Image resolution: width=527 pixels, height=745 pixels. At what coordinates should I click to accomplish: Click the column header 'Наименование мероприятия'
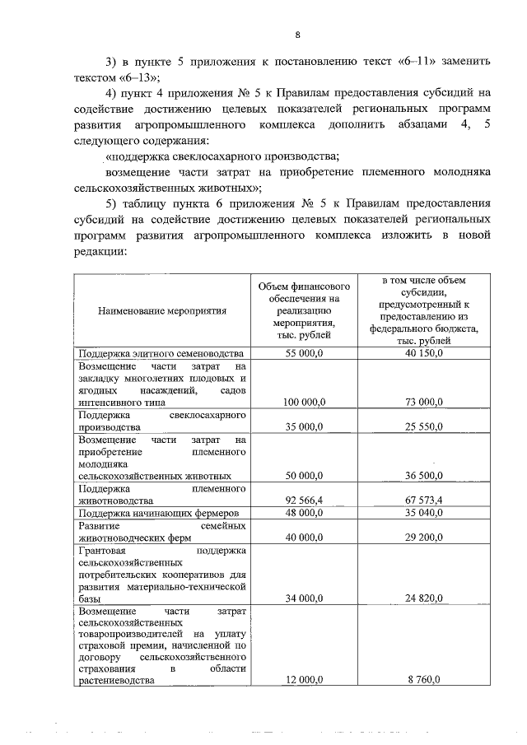[161, 311]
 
